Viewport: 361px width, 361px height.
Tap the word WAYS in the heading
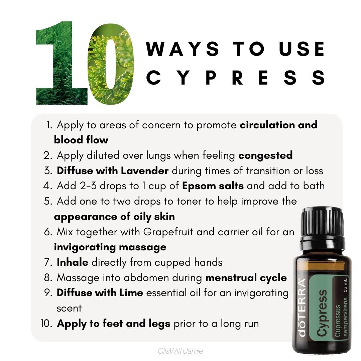(x=183, y=49)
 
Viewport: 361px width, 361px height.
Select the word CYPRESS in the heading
(x=236, y=78)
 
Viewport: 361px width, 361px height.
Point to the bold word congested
(x=265, y=155)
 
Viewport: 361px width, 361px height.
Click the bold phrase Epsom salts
(x=213, y=186)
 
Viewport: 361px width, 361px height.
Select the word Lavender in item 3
(x=145, y=170)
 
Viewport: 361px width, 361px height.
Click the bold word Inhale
(x=73, y=262)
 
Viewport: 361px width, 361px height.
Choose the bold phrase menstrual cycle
(x=246, y=277)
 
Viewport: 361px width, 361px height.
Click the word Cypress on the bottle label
(x=322, y=313)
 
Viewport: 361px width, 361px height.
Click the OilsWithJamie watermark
(x=181, y=351)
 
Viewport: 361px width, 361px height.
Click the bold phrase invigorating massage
(x=110, y=247)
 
